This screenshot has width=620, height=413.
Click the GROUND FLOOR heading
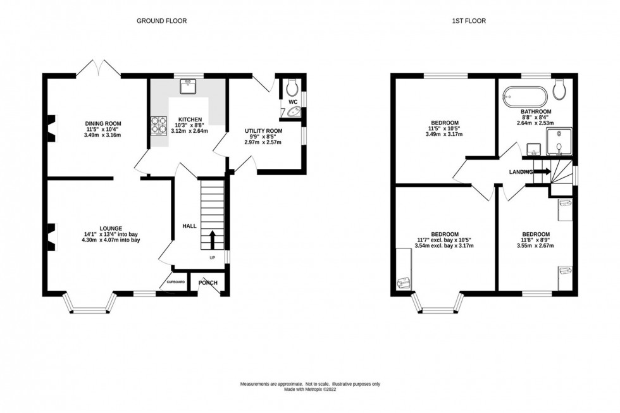162,21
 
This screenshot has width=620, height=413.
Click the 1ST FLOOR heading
468,21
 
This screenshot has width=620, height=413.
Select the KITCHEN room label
189,120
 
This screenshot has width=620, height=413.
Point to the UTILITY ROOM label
263,131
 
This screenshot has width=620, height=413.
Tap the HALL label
190,226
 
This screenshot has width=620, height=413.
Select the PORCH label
208,283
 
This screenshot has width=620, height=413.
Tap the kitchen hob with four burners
158,125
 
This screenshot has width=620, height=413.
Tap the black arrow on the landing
542,171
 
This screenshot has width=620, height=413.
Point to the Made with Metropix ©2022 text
309,390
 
